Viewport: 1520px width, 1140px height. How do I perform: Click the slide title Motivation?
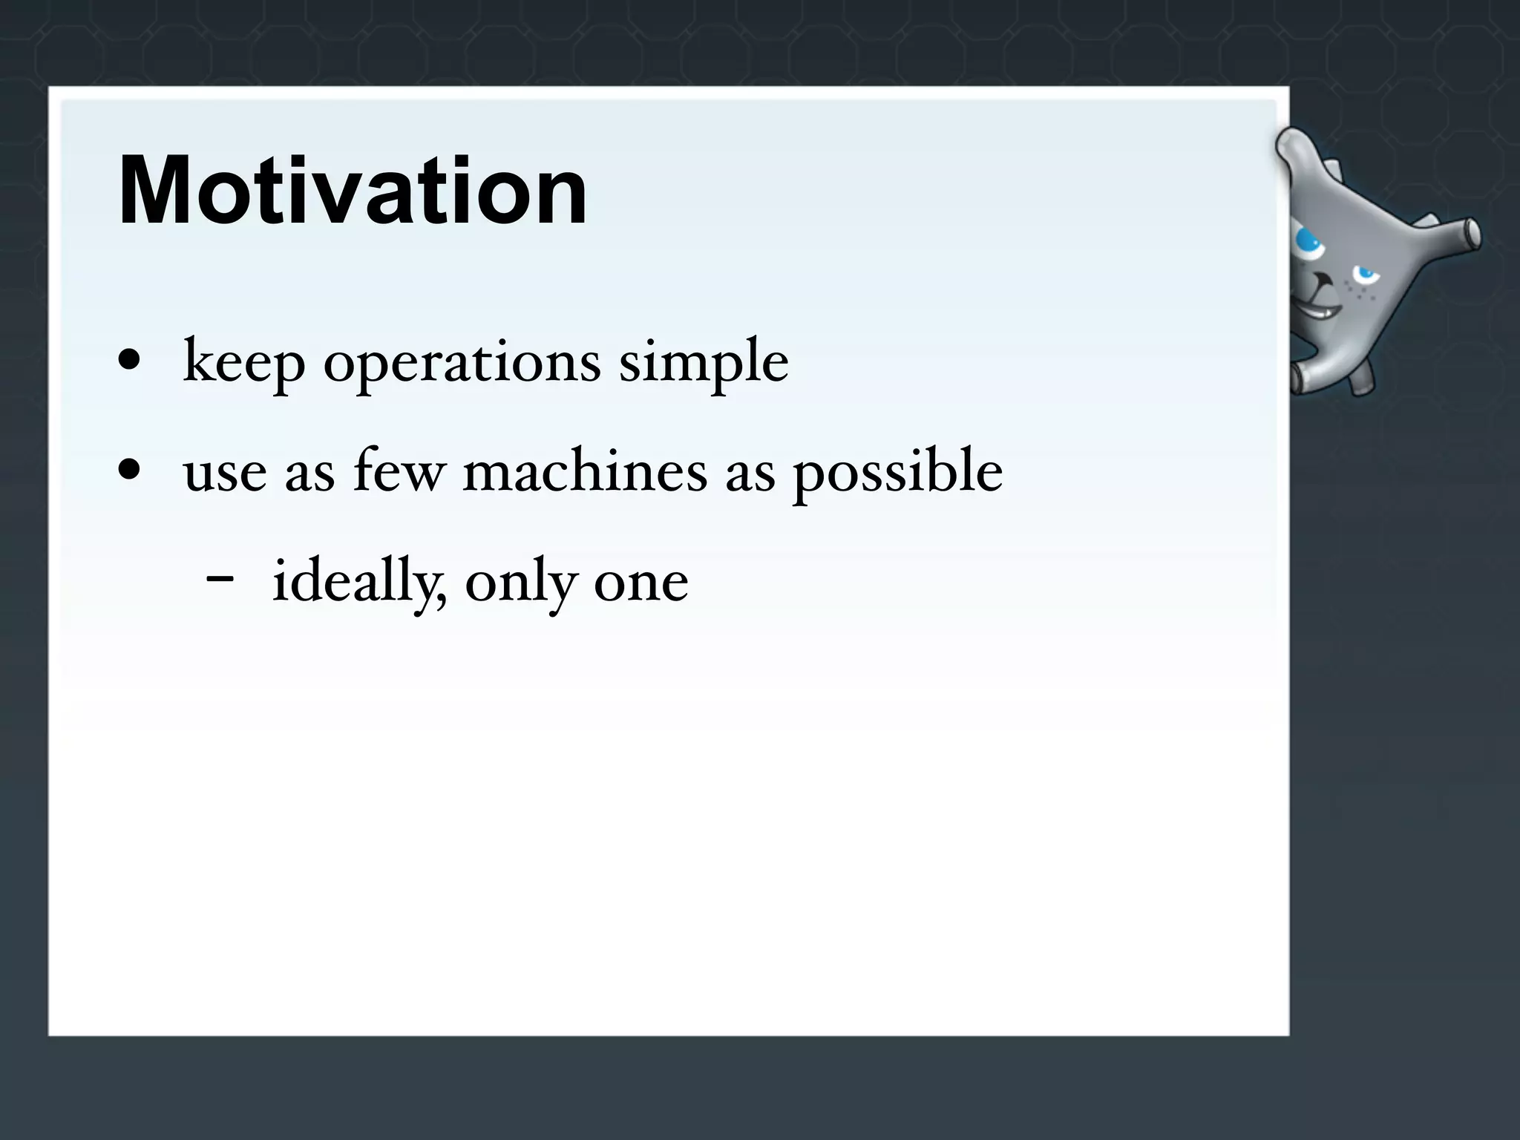[353, 191]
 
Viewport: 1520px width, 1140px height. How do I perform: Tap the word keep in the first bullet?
[243, 362]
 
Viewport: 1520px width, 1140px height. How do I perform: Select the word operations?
[462, 362]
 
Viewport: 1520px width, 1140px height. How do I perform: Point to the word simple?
[704, 362]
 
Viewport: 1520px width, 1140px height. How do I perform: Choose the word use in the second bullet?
[225, 473]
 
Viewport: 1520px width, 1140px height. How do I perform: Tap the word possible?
[898, 473]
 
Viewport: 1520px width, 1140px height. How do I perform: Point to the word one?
[641, 584]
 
